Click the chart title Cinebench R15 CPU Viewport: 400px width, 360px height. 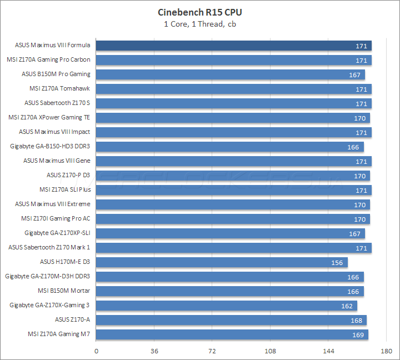pyautogui.click(x=200, y=12)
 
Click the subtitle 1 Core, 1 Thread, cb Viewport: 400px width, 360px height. pyautogui.click(x=200, y=24)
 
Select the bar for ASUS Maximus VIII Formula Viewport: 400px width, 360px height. pyautogui.click(x=233, y=46)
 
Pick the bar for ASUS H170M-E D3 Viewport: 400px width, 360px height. pyautogui.click(x=222, y=262)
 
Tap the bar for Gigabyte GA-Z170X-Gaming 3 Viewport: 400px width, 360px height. pyautogui.click(x=227, y=306)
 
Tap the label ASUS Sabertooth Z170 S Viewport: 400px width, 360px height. pyautogui.click(x=57, y=103)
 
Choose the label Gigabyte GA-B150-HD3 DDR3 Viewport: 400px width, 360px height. pyautogui.click(x=50, y=147)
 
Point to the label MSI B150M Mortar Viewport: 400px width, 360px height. pyautogui.click(x=64, y=291)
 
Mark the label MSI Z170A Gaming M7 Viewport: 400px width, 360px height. pyautogui.click(x=59, y=334)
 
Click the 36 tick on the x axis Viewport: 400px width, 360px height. pyautogui.click(x=154, y=351)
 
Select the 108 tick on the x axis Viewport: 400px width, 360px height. pyautogui.click(x=271, y=351)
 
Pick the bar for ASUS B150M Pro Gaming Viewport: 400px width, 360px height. pyautogui.click(x=231, y=74)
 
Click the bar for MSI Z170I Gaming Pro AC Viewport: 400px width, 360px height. pyautogui.click(x=233, y=219)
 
